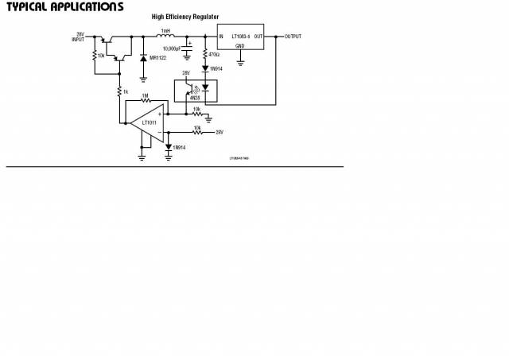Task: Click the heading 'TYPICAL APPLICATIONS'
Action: point(64,7)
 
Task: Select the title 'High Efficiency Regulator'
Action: point(185,17)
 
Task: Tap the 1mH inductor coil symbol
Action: point(165,37)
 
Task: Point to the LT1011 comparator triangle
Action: point(150,123)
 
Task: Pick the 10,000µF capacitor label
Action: point(173,48)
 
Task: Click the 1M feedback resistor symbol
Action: point(145,101)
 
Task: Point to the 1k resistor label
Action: point(125,92)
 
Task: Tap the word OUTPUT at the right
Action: point(293,37)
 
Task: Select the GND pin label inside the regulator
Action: point(240,46)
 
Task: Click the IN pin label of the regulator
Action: point(221,37)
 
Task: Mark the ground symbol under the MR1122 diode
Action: point(143,78)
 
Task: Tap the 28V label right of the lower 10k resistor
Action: point(220,132)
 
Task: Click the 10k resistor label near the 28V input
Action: point(101,56)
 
